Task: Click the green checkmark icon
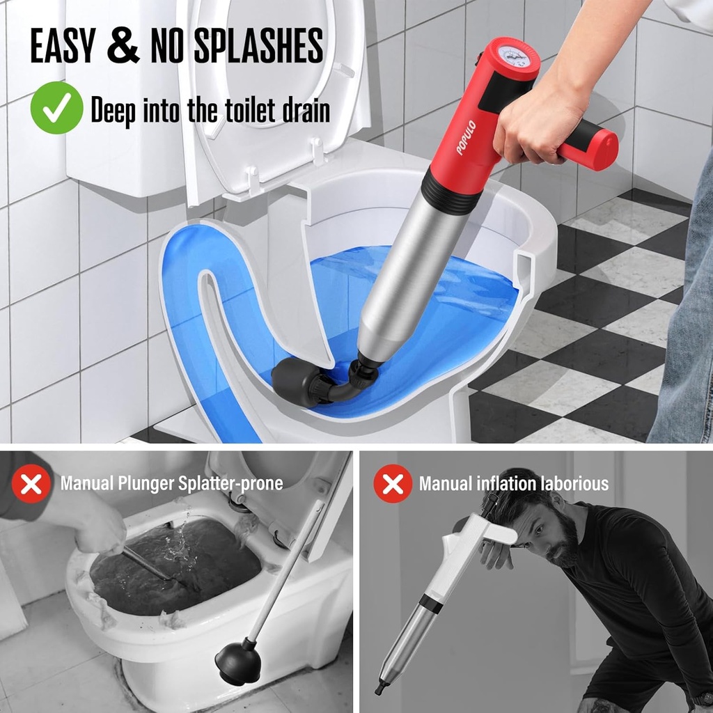pos(56,108)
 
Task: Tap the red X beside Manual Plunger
pos(31,484)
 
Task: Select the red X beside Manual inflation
pos(393,484)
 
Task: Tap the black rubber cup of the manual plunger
pos(238,664)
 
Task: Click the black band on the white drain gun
pos(431,603)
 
